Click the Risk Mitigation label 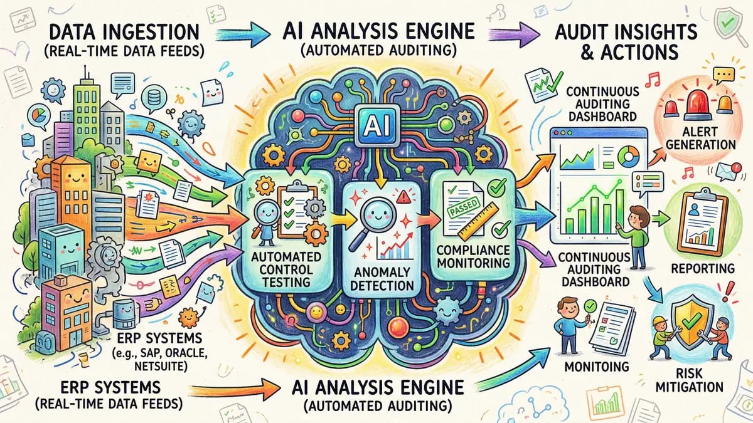698,378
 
